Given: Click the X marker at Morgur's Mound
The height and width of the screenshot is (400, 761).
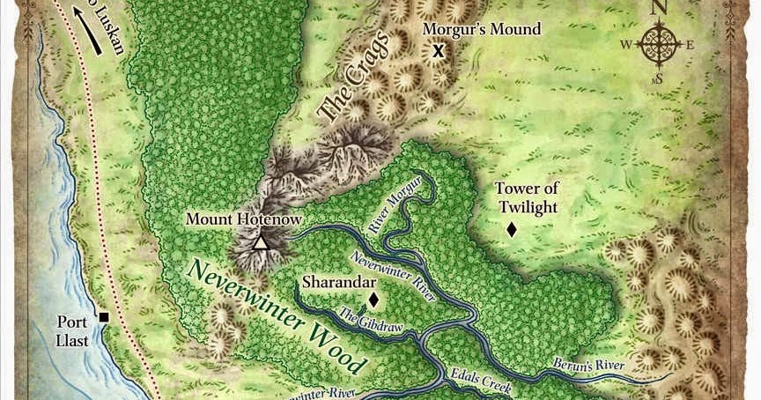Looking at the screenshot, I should [437, 51].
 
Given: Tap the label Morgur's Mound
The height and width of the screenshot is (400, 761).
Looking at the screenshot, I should [481, 29].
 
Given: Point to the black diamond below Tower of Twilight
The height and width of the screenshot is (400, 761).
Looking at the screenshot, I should [511, 230].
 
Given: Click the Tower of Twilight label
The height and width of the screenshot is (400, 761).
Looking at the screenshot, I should [527, 197].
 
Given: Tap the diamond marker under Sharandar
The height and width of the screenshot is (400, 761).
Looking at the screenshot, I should [373, 300].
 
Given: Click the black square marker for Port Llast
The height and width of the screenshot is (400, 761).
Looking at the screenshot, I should [104, 317].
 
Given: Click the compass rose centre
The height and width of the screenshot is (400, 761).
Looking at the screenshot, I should [659, 44].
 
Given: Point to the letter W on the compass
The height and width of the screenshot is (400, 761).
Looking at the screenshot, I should [626, 45].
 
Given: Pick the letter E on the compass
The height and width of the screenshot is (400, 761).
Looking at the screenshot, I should [691, 45].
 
